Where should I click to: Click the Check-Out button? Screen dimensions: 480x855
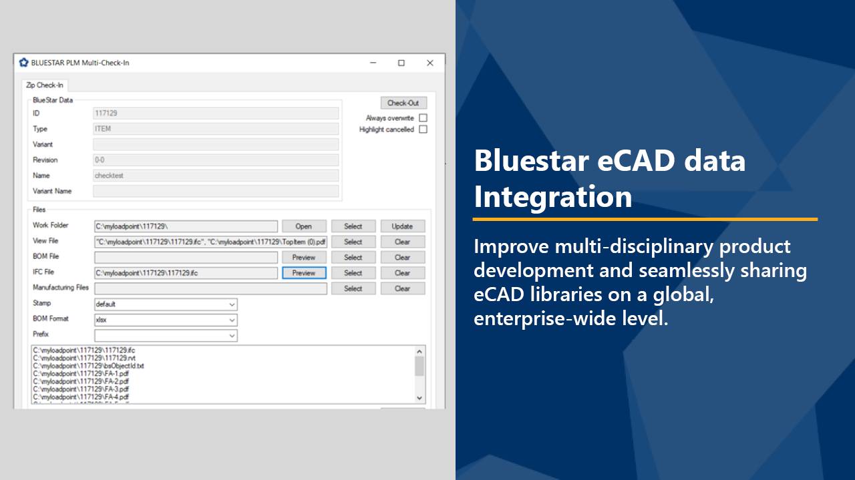point(403,103)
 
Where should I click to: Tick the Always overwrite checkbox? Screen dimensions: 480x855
point(423,118)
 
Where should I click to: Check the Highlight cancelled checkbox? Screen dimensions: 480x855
point(423,130)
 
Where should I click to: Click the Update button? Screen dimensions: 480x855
point(402,226)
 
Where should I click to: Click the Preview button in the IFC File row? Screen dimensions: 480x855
point(304,273)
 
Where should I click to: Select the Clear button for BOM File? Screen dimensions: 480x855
point(402,257)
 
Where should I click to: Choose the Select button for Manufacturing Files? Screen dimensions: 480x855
point(353,288)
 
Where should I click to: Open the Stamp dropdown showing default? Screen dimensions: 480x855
point(166,304)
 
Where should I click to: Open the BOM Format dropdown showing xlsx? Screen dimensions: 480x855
point(166,320)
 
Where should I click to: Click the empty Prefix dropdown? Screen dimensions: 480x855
point(166,335)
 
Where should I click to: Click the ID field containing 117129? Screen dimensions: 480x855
point(216,113)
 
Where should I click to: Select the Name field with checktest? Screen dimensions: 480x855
point(216,176)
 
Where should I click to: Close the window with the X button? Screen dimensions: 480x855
point(430,63)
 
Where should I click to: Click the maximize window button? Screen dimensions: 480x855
point(401,63)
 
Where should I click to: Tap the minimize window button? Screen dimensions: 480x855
point(373,63)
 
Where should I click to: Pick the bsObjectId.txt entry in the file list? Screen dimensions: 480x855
point(89,366)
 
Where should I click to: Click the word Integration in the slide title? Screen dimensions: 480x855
point(553,197)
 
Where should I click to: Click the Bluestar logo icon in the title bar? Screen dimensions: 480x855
point(24,63)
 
